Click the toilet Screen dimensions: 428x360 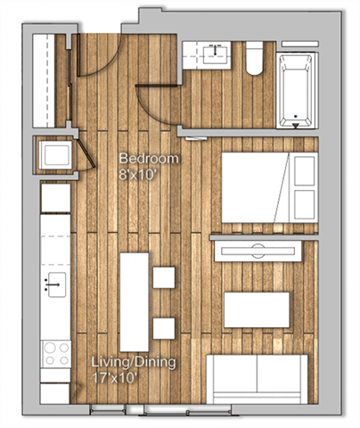pyautogui.click(x=252, y=59)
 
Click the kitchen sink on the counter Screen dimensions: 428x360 pyautogui.click(x=54, y=285)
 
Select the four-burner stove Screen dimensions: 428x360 pyautogui.click(x=55, y=354)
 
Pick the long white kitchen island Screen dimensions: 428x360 pyautogui.click(x=134, y=301)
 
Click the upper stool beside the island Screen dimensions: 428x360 pyautogui.click(x=163, y=277)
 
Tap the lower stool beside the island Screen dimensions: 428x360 pyautogui.click(x=163, y=328)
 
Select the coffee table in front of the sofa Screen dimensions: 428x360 pyautogui.click(x=257, y=309)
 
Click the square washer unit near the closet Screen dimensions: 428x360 pyautogui.click(x=55, y=156)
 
